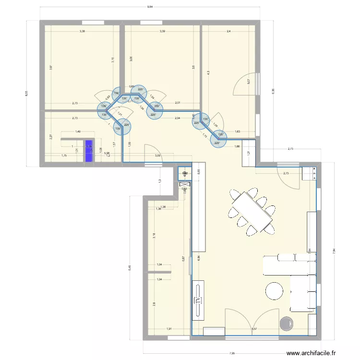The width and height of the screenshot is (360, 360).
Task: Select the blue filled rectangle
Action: coord(89,151)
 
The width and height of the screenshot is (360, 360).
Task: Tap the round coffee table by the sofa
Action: coord(275,291)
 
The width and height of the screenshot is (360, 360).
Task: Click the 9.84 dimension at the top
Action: coord(150,7)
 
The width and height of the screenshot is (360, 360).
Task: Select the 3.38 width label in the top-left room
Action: coord(83,31)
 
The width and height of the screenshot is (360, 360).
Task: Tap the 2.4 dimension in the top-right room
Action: coord(228,31)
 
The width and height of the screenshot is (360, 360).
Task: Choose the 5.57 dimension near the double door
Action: coord(254,329)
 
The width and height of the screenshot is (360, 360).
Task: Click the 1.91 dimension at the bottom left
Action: coord(169,329)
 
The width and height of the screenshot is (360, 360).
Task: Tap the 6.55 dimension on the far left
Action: coord(27,94)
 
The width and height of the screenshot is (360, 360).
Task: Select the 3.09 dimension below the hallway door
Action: coord(157,155)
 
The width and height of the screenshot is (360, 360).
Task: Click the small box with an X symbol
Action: coord(184,184)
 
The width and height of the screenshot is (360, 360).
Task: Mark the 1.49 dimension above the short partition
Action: coord(77,132)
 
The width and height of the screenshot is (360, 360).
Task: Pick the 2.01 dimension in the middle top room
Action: coord(178,103)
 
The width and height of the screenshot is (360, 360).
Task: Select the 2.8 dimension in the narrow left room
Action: coord(154,303)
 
